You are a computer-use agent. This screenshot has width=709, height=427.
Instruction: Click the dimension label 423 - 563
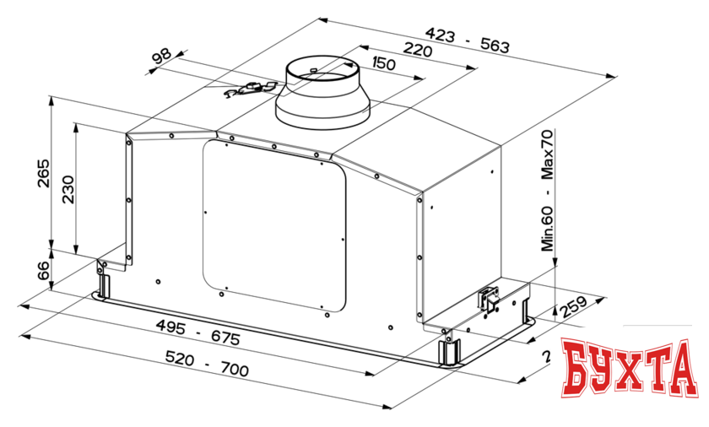pos(467,40)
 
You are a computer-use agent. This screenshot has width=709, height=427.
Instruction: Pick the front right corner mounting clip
pos(447,349)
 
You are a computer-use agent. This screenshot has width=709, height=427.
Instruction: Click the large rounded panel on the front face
pos(274,224)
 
